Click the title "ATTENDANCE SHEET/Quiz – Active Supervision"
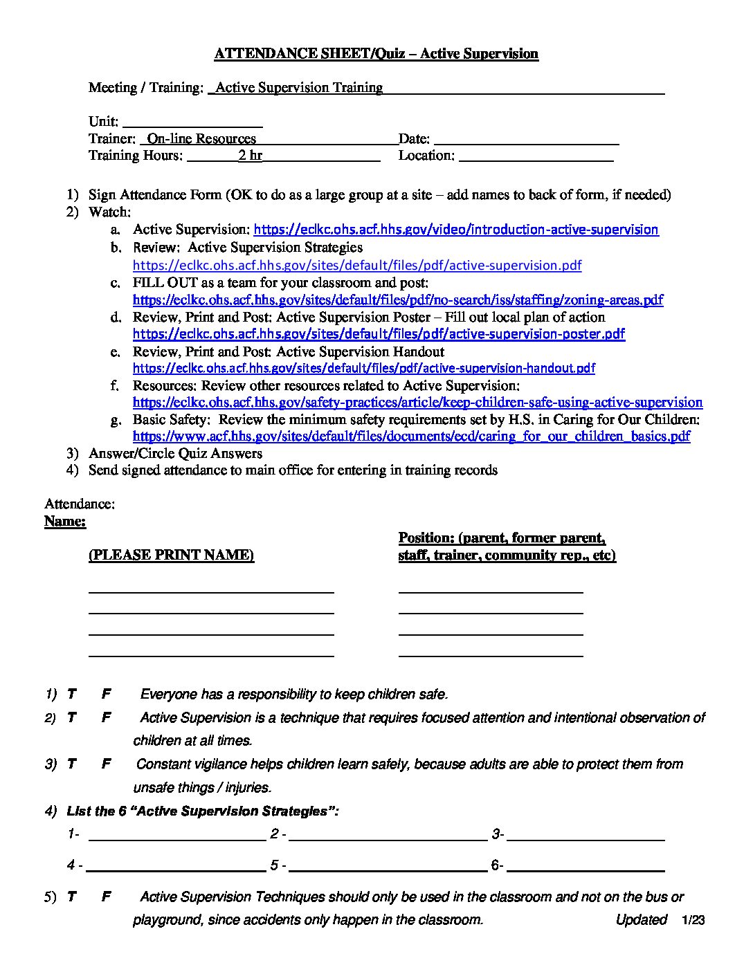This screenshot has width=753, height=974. (376, 54)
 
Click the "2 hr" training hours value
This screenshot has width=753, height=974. (250, 156)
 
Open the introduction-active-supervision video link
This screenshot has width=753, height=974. (456, 230)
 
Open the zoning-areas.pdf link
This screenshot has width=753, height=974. (398, 300)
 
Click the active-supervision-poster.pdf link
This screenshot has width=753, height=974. (379, 334)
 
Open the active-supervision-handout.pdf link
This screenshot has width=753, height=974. (363, 368)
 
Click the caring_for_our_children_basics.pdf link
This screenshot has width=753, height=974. (411, 437)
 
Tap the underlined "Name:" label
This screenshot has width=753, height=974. (65, 521)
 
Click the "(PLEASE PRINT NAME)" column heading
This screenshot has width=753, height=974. (171, 555)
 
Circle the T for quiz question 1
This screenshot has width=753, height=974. (71, 694)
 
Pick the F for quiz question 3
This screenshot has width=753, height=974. (106, 764)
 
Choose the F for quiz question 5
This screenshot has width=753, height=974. (106, 897)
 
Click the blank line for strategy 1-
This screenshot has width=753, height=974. (177, 836)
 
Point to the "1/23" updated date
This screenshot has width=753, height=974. (692, 920)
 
